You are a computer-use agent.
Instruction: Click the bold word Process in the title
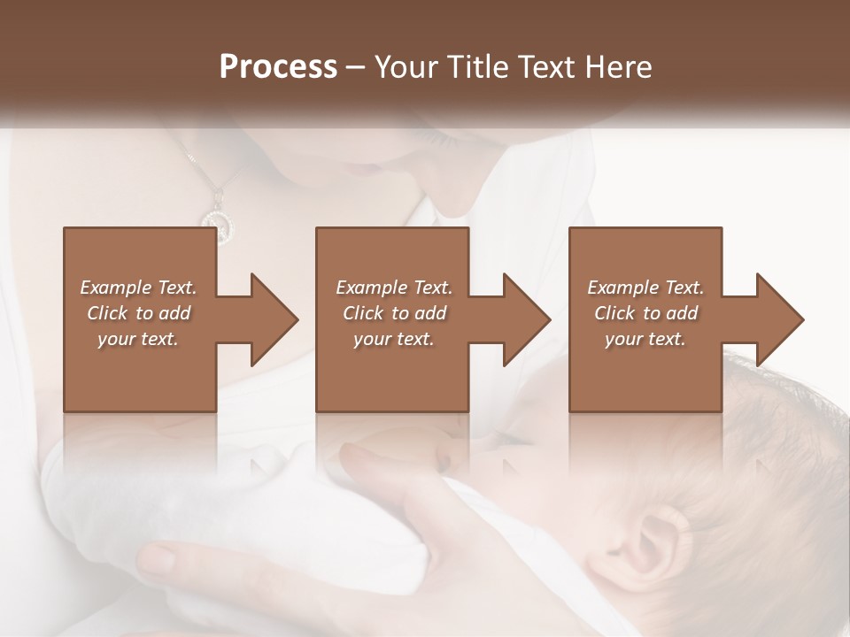pos(278,67)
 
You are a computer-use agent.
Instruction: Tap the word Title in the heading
pos(479,67)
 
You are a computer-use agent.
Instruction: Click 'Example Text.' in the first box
pos(138,288)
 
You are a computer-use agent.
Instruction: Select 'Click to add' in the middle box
pos(394,313)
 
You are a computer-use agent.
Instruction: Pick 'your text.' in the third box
pos(645,339)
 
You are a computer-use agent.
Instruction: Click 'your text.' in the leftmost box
pos(138,339)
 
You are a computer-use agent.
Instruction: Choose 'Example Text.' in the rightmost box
pos(645,288)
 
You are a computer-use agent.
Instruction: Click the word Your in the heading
pos(407,67)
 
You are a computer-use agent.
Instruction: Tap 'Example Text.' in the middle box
pos(394,288)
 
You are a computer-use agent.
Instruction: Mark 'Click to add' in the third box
pos(645,313)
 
